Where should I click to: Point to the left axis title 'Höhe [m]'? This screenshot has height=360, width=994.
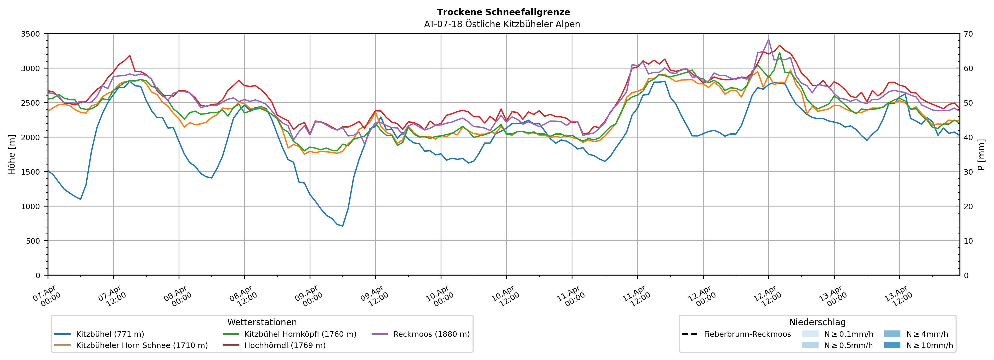click(x=12, y=154)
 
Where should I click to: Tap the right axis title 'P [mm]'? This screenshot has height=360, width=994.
click(x=981, y=154)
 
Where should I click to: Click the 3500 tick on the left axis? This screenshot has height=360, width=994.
click(x=31, y=34)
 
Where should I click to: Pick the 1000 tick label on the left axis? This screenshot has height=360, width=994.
click(x=31, y=207)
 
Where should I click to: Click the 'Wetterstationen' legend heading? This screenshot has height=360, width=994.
click(x=262, y=322)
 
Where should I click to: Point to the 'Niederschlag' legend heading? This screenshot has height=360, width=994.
click(x=817, y=322)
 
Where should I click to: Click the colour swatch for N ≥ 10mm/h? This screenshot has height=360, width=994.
click(x=892, y=345)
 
